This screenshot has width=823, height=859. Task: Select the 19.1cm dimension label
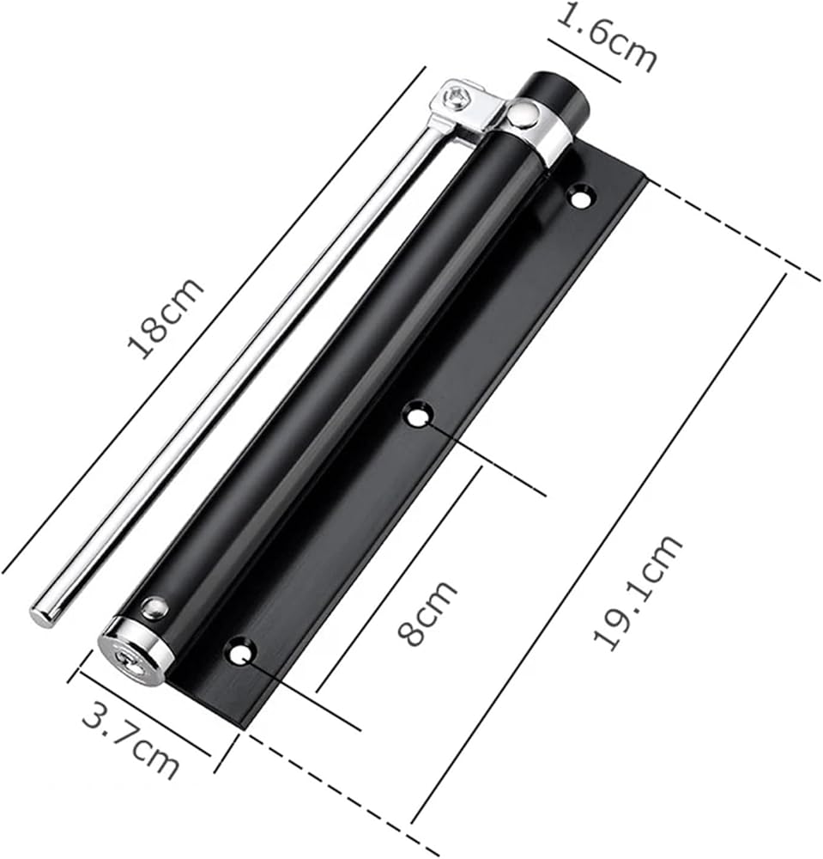click(637, 593)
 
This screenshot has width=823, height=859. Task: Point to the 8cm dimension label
click(427, 613)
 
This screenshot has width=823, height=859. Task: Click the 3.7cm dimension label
click(130, 743)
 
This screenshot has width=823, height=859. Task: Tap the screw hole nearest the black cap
click(581, 197)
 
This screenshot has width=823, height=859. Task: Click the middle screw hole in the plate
click(419, 416)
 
